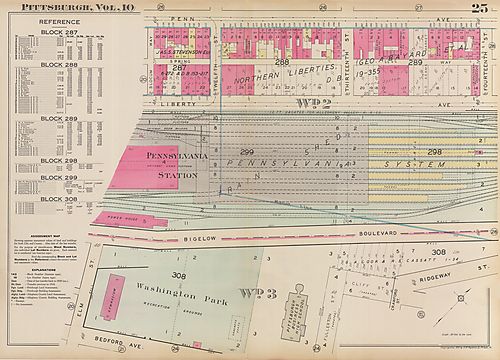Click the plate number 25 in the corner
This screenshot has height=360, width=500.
pyautogui.click(x=482, y=9)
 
